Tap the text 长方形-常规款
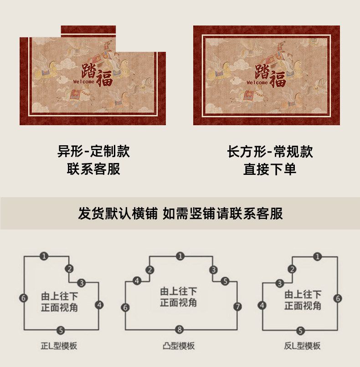coord(270,151)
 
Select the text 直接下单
coord(270,169)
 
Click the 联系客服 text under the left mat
coord(93,169)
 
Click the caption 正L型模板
coord(59,346)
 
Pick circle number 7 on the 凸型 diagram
coord(237,306)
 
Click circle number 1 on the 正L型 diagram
coord(44,256)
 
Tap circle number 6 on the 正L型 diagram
coord(24,298)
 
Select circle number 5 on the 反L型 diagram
coord(300,330)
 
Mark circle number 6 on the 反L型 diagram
coord(338,298)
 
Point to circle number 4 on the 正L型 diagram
coord(99,304)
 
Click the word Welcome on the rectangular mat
coord(257,83)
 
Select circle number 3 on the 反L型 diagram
coord(279,283)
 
